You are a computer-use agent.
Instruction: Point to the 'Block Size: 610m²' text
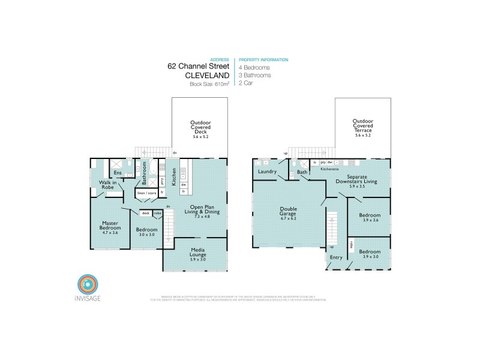(x=209, y=84)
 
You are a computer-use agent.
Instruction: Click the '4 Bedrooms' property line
(x=254, y=68)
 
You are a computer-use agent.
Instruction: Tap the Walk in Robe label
(x=109, y=185)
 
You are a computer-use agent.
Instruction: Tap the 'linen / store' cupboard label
(x=146, y=193)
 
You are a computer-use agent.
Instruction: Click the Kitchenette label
(x=329, y=169)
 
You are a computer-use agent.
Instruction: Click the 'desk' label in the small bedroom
(x=145, y=212)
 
